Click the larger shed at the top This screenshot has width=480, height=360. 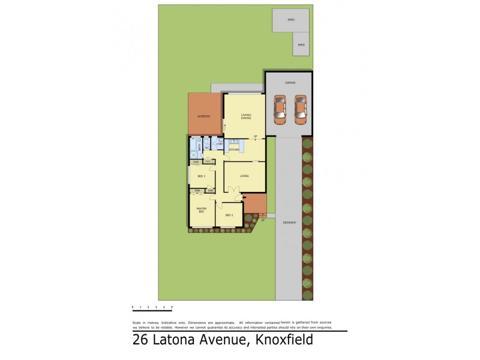click(291, 20)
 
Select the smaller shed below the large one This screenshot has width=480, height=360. click(301, 44)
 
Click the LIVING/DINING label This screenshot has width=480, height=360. click(245, 116)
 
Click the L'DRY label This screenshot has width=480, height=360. click(220, 144)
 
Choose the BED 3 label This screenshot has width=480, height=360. click(202, 176)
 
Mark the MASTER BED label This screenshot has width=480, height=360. click(202, 210)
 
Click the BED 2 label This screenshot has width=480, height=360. click(229, 215)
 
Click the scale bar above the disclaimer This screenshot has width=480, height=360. click(152, 307)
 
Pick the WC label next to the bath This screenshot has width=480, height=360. click(206, 147)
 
